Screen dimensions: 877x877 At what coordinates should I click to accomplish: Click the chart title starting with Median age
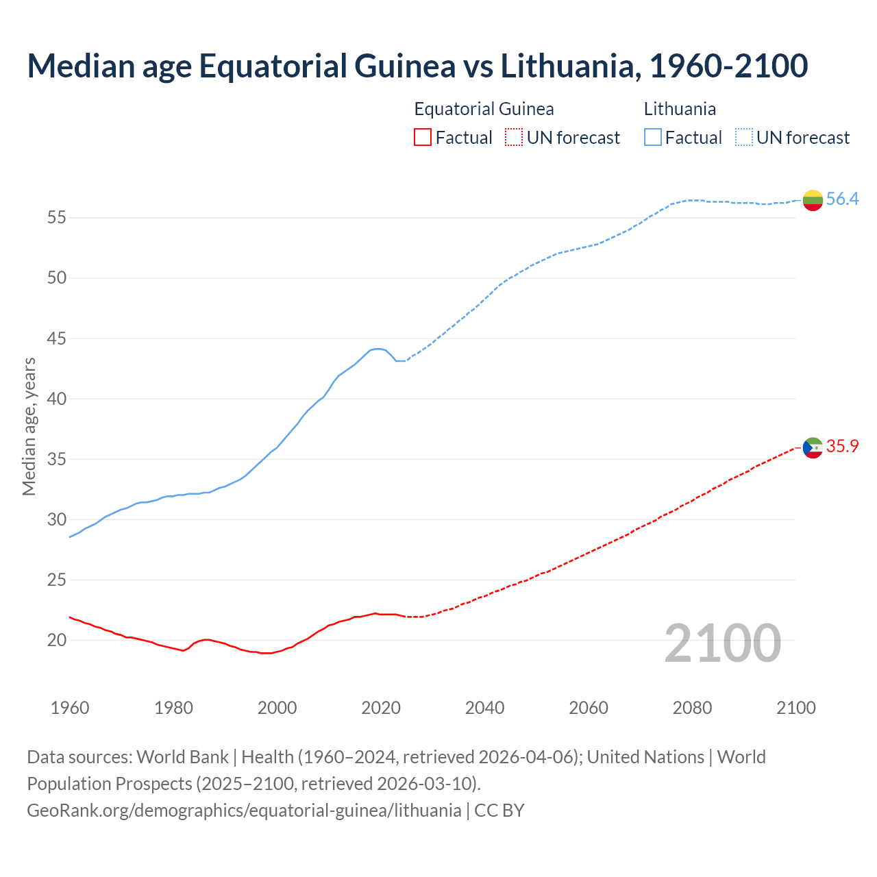[x=417, y=66]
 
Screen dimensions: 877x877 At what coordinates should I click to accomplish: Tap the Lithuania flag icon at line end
[x=813, y=200]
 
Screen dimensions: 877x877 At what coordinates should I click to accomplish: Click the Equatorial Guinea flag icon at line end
[x=813, y=447]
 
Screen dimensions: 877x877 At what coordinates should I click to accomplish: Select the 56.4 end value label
[x=842, y=199]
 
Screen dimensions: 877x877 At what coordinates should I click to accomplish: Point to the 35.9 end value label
[x=842, y=447]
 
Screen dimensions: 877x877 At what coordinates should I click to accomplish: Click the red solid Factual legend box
[x=423, y=138]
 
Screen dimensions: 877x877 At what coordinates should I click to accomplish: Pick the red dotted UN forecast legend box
[x=514, y=138]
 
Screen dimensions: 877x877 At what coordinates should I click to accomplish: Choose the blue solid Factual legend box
[x=653, y=138]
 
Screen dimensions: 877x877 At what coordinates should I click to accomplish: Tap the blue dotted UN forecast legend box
[x=744, y=138]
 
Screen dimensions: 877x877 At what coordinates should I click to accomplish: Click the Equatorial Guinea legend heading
[x=484, y=109]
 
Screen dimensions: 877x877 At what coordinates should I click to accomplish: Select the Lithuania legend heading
[x=680, y=109]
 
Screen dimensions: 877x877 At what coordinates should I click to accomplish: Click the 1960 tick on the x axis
[x=70, y=708]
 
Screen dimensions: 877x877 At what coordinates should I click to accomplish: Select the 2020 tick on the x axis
[x=381, y=708]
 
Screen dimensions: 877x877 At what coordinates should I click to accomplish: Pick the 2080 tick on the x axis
[x=692, y=708]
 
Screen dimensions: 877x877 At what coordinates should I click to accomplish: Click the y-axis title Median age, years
[x=29, y=426]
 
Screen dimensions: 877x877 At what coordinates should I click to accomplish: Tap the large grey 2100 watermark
[x=723, y=643]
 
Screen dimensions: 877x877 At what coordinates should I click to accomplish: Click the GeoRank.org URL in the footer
[x=244, y=811]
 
